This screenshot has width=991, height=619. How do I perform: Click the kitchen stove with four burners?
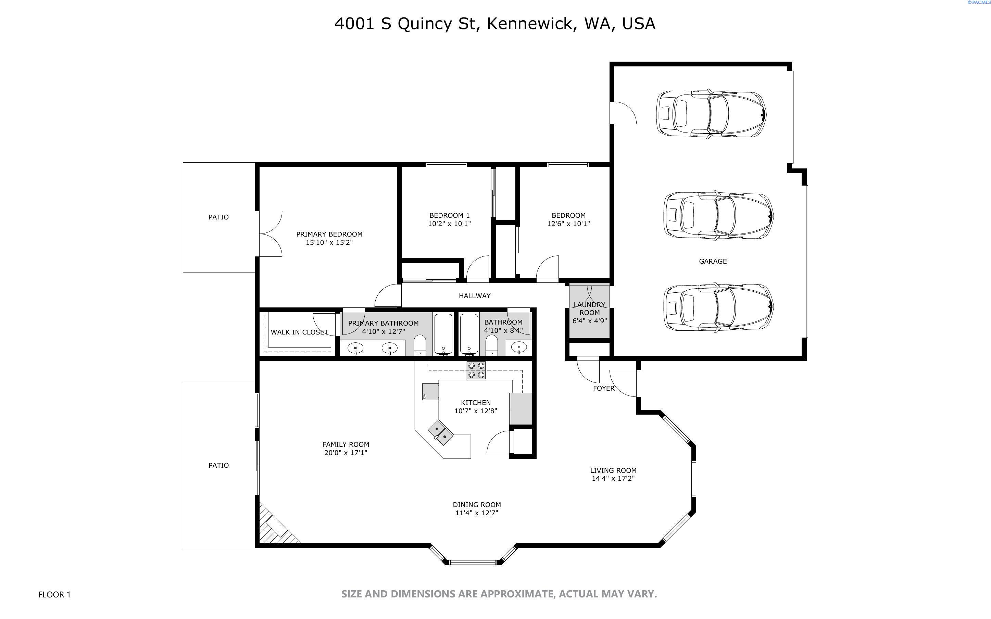coord(476,370)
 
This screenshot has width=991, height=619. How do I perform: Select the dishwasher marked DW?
coord(430,392)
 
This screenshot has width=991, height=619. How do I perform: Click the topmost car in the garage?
coord(711,113)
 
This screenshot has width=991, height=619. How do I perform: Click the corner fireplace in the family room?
coord(275,527)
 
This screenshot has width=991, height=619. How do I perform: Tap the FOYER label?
coord(603,388)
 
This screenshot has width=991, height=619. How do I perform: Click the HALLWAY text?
coord(474,295)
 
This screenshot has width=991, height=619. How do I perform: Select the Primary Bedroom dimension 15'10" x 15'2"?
coord(329,242)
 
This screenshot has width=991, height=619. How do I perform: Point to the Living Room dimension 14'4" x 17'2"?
coord(613,478)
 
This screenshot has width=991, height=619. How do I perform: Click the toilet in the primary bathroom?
coord(419,345)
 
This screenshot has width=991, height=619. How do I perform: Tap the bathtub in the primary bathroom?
coord(443,334)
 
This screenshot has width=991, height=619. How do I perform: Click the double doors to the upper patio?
coord(268,234)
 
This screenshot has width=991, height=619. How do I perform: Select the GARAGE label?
coord(713,261)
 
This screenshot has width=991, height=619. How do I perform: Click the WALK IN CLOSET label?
coord(299,332)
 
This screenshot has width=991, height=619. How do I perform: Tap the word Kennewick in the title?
coord(531,23)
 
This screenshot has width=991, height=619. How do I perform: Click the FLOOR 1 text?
coord(54,594)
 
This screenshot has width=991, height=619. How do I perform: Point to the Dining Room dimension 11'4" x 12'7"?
coord(476,513)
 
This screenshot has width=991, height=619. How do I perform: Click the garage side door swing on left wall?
coord(623,113)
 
